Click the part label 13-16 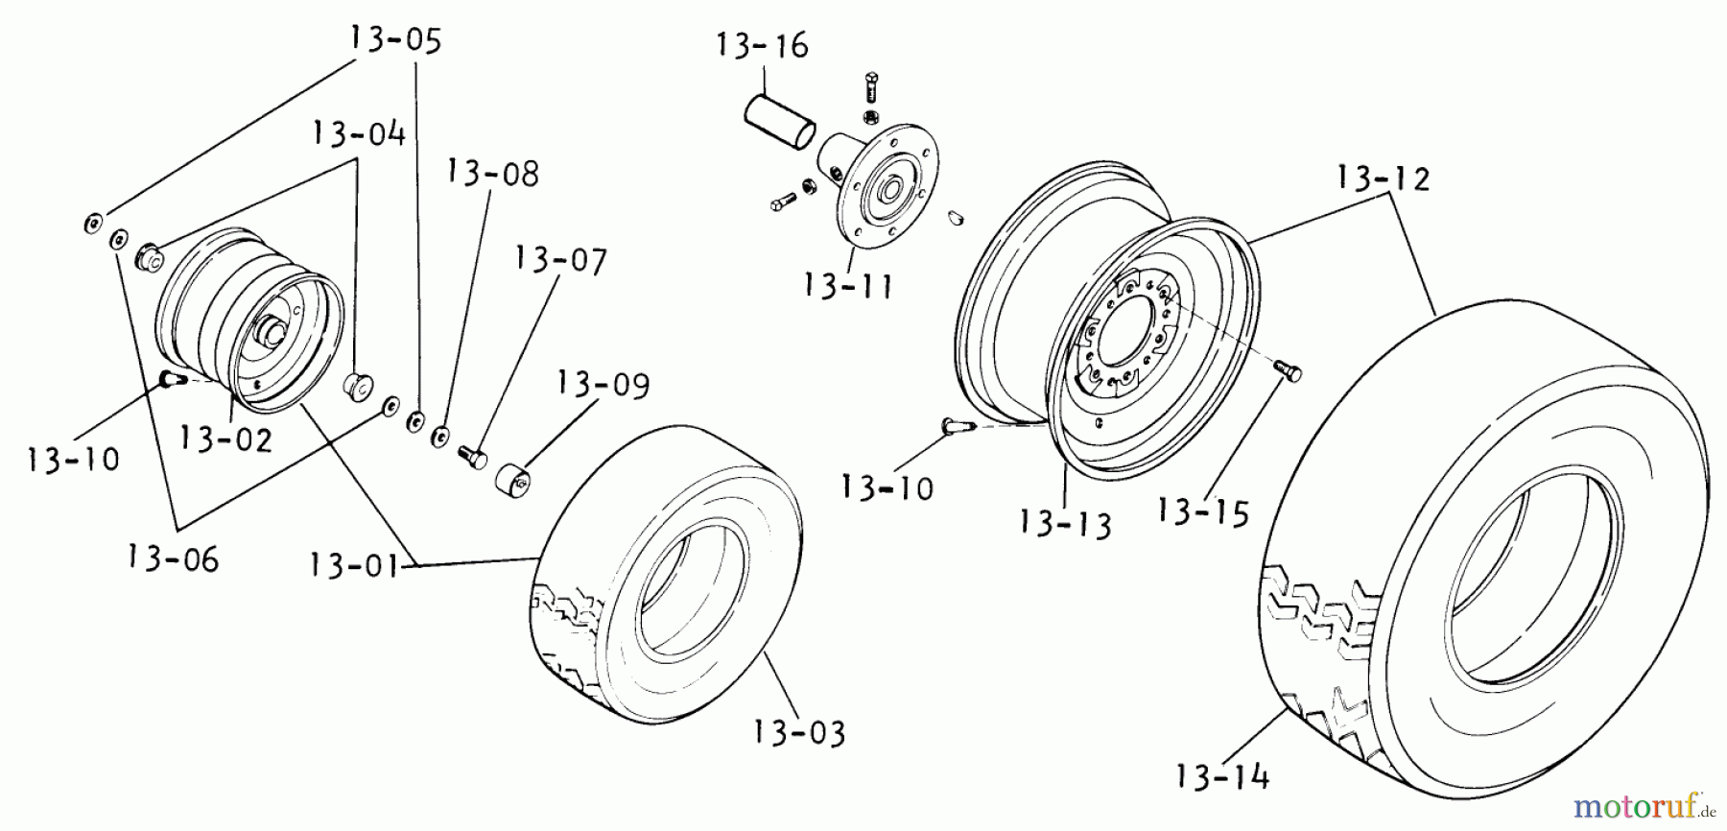tap(763, 46)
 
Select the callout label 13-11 tap(848, 285)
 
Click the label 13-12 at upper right tap(1383, 178)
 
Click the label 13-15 tap(1203, 511)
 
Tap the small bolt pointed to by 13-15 tap(1288, 369)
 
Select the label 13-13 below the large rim tap(1065, 524)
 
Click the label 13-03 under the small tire tap(798, 733)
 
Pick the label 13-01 tap(354, 565)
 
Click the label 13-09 tap(603, 384)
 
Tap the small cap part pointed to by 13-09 tap(515, 481)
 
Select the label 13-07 tap(560, 261)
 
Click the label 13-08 tap(492, 174)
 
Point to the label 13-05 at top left tap(395, 40)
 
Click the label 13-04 tap(358, 133)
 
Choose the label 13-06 tap(173, 558)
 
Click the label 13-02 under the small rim tap(225, 439)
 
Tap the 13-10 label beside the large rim tap(887, 487)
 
